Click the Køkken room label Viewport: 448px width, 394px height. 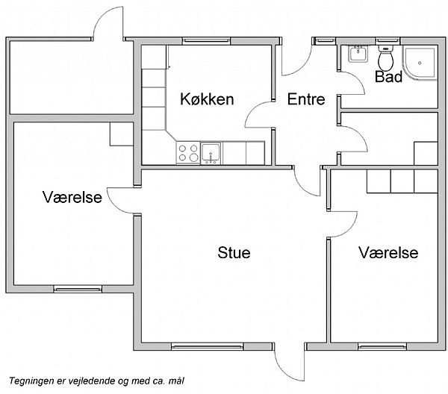207,99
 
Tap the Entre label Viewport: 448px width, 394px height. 306,99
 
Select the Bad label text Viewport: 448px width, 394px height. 388,77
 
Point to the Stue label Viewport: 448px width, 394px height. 234,253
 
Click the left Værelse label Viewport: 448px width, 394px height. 72,197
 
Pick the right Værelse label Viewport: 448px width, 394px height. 388,253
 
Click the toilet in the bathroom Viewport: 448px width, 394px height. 386,58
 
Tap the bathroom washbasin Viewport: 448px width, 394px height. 358,54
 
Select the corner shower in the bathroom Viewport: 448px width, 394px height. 420,63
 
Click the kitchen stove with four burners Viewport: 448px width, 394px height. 188,153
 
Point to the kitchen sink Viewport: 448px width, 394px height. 211,153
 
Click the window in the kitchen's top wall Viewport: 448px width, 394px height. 206,40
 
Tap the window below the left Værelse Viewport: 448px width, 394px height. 78,290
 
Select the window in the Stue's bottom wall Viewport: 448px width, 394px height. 208,347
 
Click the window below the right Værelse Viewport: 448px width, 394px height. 382,347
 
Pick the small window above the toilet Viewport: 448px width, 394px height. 387,40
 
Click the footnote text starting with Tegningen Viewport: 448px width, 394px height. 96,381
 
